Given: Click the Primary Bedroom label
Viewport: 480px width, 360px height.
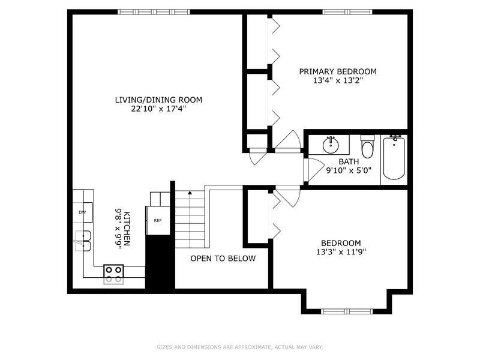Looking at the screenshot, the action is click(x=338, y=71).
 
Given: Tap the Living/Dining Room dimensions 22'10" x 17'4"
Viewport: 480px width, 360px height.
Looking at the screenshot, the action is click(x=158, y=109).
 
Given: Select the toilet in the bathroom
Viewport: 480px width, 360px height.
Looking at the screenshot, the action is click(x=367, y=146).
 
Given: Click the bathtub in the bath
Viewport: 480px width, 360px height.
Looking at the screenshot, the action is click(x=394, y=158).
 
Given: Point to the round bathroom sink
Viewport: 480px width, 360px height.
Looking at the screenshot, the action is click(x=331, y=145).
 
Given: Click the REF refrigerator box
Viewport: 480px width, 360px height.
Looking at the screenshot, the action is click(x=158, y=220).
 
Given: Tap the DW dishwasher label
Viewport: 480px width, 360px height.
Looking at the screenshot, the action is click(x=82, y=212).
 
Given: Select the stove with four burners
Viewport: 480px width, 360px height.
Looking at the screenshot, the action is click(x=113, y=274).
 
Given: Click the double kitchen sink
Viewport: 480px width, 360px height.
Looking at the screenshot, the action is click(x=83, y=241).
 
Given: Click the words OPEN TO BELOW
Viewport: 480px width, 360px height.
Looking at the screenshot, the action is click(x=223, y=259).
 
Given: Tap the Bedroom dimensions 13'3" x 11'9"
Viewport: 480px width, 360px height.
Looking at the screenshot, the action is click(x=341, y=252).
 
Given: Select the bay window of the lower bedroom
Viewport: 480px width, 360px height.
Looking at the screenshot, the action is click(x=347, y=311).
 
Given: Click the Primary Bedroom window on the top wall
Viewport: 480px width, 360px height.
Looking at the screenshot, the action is click(x=347, y=12).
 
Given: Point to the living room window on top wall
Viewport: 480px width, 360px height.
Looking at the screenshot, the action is click(x=154, y=12).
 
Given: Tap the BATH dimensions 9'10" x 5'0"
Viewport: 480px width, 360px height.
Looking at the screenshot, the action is click(x=349, y=170).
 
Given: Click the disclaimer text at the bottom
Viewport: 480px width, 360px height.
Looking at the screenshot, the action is click(x=240, y=347).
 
